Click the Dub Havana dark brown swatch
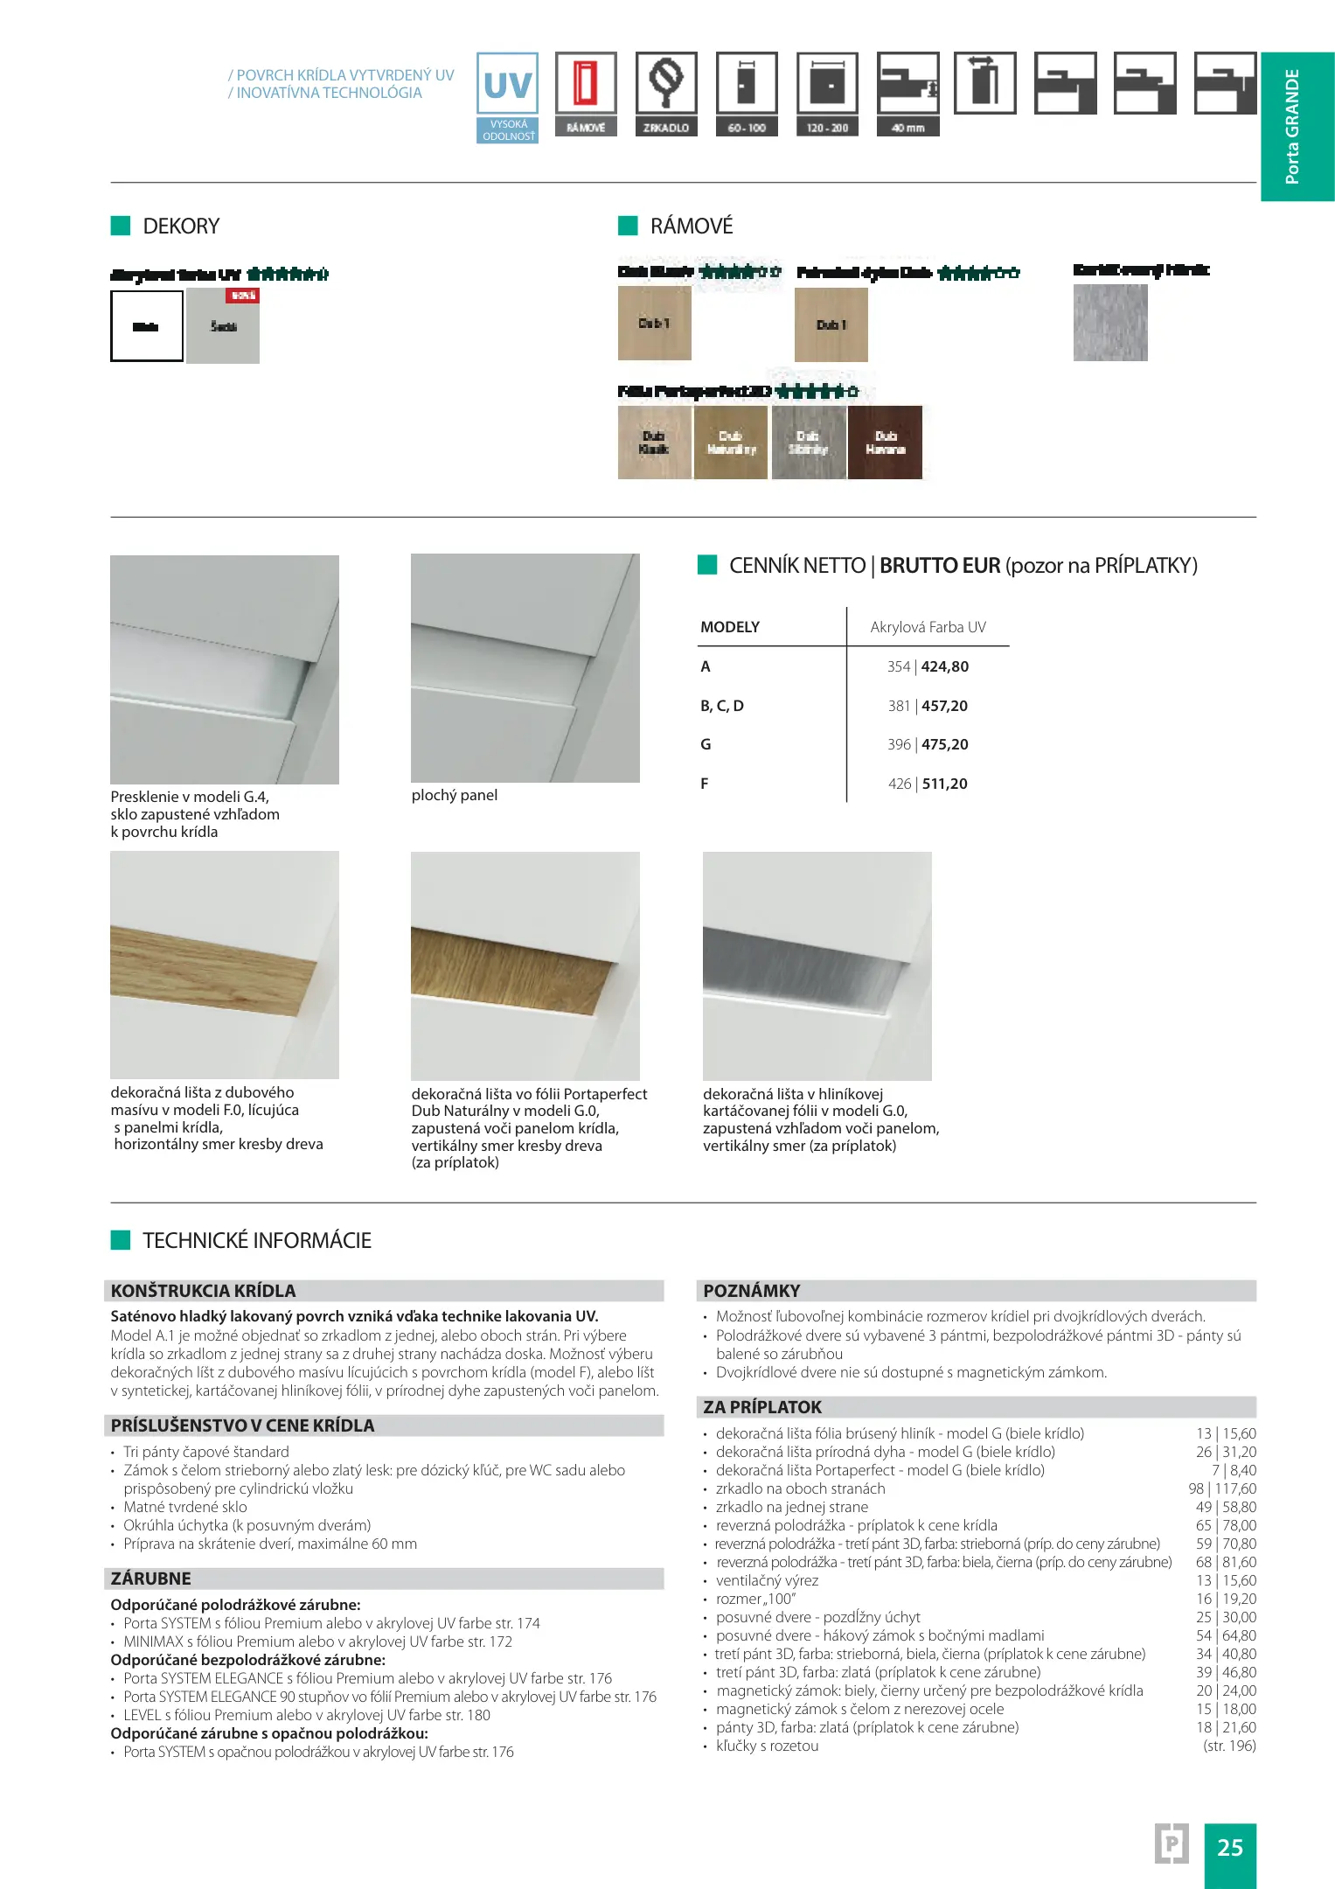885,443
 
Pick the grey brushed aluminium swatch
1110,323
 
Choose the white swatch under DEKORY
146,326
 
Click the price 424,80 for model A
945,666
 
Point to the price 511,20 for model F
944,784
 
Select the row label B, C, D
722,706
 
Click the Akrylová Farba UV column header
928,627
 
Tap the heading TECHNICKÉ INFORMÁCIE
257,1240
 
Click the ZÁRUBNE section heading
151,1579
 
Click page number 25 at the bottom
1230,1847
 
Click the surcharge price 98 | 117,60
1222,1488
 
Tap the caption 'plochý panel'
455,795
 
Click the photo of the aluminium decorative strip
817,965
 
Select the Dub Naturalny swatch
731,443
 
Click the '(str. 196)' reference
1229,1746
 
